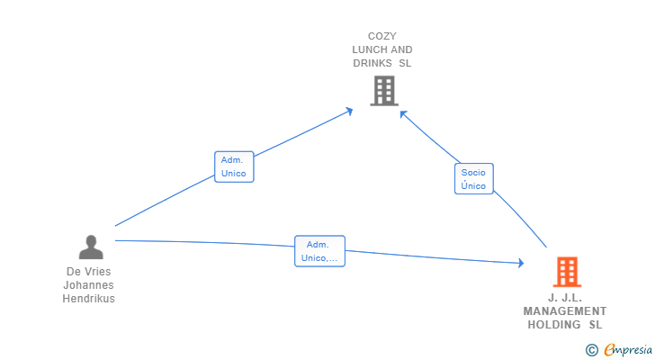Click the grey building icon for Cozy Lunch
pos(384,91)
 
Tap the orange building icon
pos(567,272)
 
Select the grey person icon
pos(91,247)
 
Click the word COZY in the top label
pos(381,36)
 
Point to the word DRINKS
pos(372,63)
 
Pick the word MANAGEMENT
pos(565,311)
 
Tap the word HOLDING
pos(554,325)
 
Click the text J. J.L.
pos(565,298)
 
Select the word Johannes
pos(88,285)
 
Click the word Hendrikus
pos(88,299)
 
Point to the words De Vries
pos(88,272)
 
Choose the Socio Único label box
pos(473,179)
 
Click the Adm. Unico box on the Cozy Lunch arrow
pos(234,166)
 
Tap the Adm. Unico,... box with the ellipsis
pos(319,251)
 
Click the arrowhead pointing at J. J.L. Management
pos(521,263)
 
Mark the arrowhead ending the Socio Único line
pos(403,114)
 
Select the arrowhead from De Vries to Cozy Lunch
pos(349,112)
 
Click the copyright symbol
pos(591,350)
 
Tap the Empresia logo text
pos(628,350)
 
